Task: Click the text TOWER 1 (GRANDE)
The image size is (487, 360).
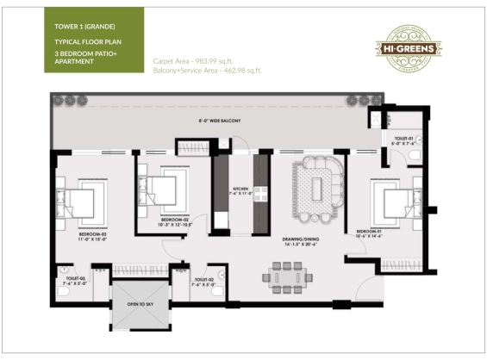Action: click(83, 27)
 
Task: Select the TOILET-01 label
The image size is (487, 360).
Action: click(405, 138)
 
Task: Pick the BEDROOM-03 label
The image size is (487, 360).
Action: click(92, 234)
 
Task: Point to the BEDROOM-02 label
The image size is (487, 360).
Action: click(175, 220)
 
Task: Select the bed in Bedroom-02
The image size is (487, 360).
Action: click(163, 186)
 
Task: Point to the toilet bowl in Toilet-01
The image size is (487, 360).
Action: click(415, 156)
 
